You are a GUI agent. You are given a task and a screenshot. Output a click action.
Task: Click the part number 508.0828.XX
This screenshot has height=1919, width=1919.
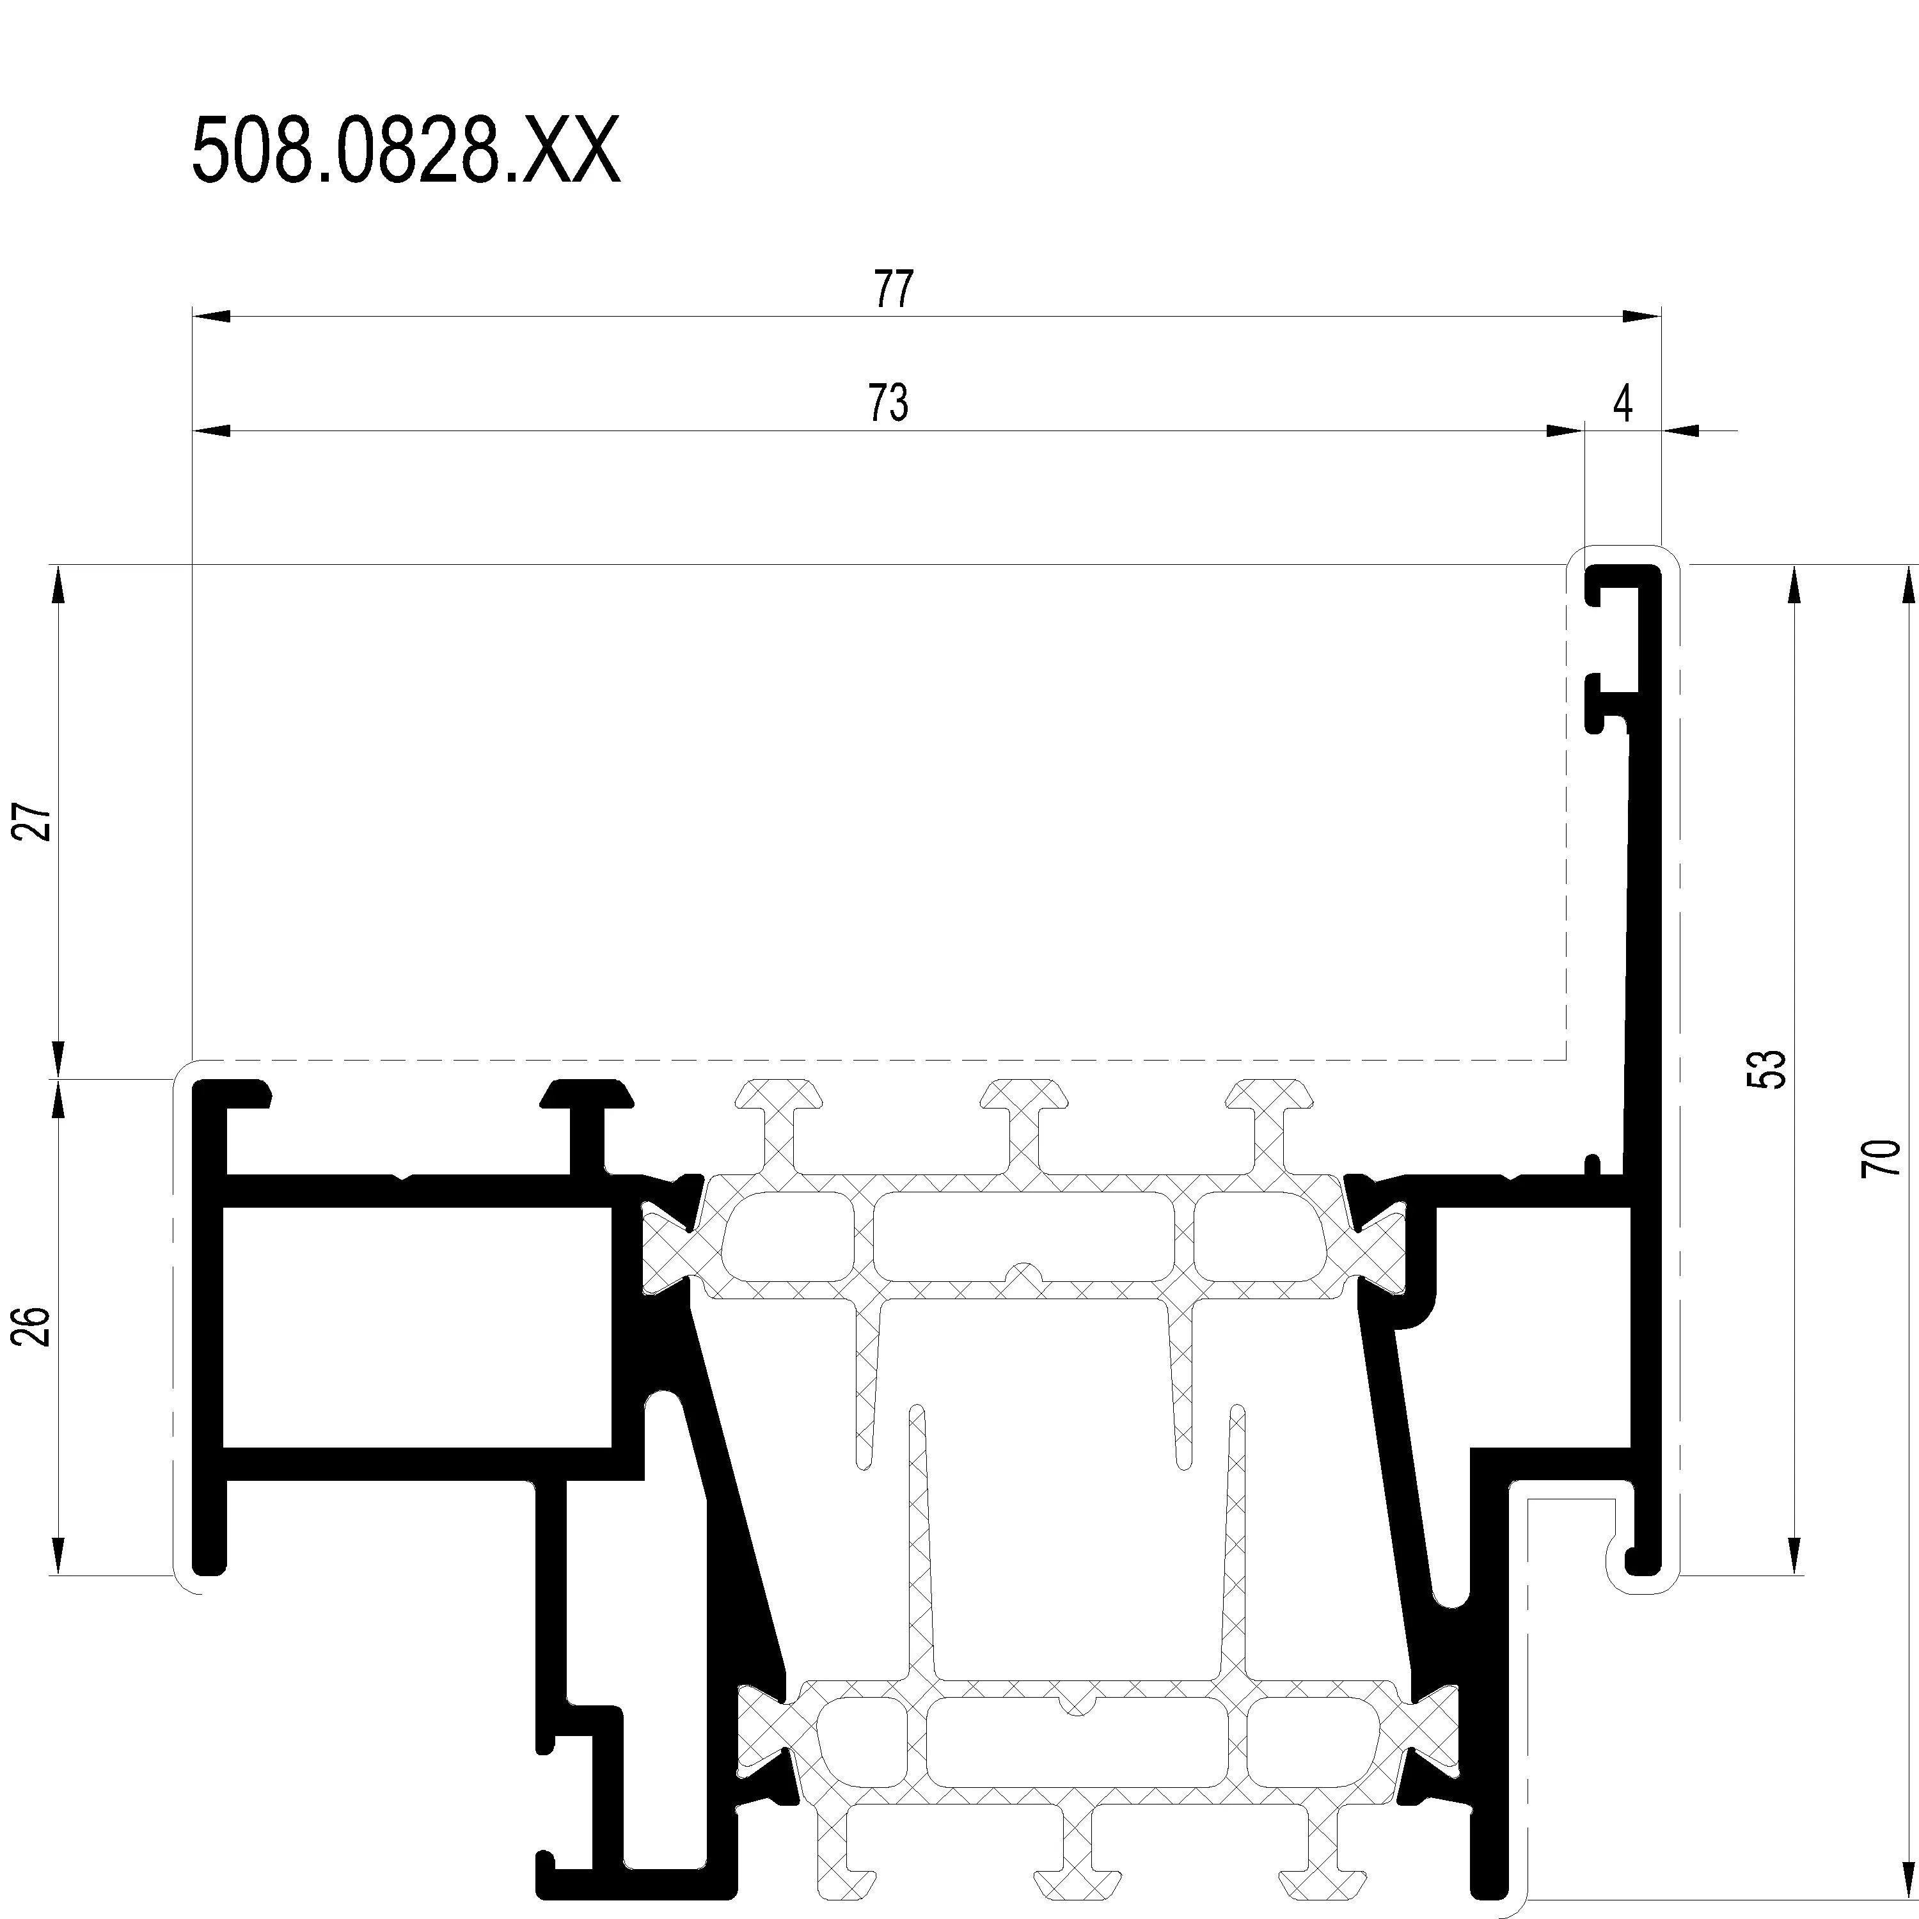(406, 151)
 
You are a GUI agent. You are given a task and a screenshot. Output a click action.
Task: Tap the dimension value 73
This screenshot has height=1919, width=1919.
(888, 403)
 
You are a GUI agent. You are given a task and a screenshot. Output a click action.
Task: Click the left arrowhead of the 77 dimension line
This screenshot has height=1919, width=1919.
(210, 317)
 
